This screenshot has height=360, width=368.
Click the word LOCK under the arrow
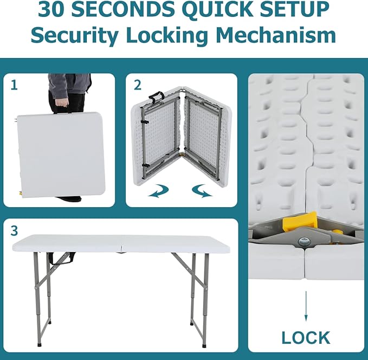coord(306,337)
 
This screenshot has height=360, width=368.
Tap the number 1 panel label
coord(14,85)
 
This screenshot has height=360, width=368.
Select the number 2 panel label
coord(138,85)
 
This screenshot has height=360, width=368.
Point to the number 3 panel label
coord(14,231)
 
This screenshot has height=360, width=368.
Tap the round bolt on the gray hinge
coord(304,241)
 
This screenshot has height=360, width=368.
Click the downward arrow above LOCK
coord(306,306)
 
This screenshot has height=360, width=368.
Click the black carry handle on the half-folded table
coord(156,96)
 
